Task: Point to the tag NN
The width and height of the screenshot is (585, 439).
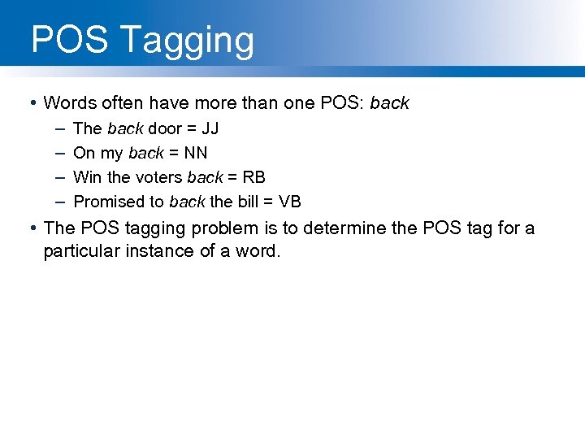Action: pos(196,153)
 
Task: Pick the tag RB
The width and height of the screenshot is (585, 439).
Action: pos(254,177)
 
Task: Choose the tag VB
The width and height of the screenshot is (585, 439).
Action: pos(290,202)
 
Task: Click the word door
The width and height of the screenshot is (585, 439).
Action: pos(165,128)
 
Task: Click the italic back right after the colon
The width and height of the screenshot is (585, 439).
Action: pos(390,103)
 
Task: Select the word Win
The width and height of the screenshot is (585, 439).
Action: pos(86,177)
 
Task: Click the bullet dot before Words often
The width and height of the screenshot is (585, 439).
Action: pos(30,103)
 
